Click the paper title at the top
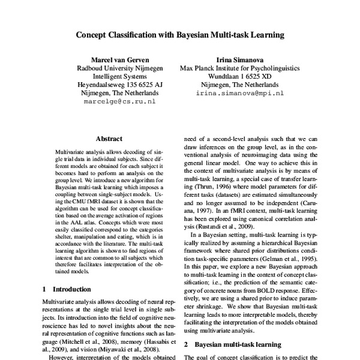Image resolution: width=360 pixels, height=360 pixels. pyautogui.click(x=179, y=35)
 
